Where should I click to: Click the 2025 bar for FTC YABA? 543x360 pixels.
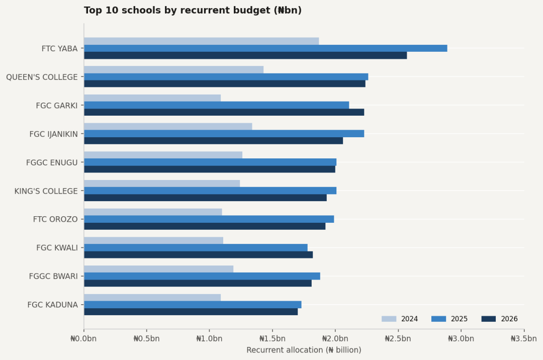click(265, 48)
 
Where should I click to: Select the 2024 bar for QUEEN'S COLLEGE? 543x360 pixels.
click(173, 69)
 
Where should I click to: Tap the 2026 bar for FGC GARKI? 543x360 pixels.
click(224, 112)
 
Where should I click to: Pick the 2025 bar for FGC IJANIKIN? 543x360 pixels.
click(224, 134)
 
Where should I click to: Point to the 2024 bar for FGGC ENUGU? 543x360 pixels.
click(163, 155)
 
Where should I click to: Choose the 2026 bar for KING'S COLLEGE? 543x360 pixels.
click(205, 198)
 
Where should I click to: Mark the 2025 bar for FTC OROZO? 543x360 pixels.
click(209, 219)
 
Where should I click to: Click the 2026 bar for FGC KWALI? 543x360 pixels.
click(198, 254)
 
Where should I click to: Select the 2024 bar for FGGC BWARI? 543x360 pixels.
click(158, 269)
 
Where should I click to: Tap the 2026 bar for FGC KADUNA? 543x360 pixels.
click(191, 312)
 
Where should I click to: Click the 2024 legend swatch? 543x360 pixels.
click(389, 319)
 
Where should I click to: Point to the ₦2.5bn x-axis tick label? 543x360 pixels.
click(398, 338)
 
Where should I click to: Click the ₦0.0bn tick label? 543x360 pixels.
click(83, 338)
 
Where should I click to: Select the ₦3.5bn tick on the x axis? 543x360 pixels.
click(524, 338)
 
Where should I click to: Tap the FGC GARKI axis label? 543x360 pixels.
click(57, 106)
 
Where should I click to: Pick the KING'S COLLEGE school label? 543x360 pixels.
click(46, 191)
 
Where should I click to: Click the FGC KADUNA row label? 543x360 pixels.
click(52, 305)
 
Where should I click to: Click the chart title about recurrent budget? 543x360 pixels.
click(193, 11)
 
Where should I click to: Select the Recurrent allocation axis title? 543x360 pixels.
click(304, 350)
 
